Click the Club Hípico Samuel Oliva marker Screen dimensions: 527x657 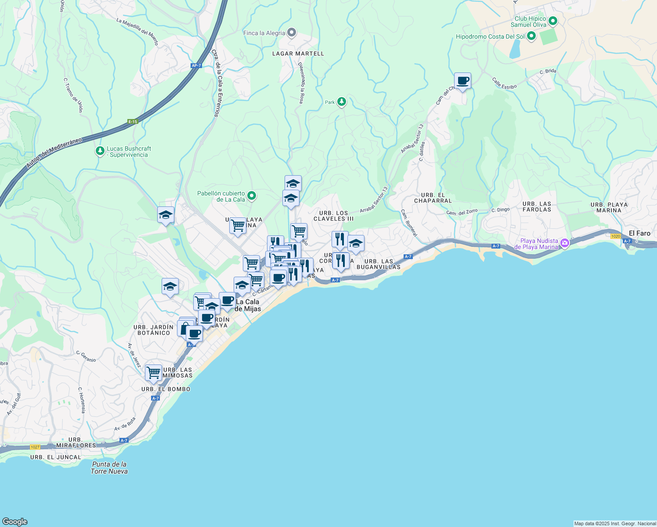click(553, 21)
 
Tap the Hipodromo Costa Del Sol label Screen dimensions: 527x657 click(490, 36)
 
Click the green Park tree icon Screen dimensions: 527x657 click(342, 102)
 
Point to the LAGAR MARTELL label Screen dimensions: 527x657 click(298, 54)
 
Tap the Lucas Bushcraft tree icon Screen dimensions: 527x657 click(100, 151)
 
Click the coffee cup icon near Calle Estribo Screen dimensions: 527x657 click(462, 81)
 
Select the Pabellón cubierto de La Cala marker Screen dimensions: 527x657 click(252, 196)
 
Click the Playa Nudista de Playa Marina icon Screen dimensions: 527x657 click(565, 242)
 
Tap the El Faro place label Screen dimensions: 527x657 click(639, 233)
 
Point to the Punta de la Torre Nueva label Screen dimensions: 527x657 click(109, 468)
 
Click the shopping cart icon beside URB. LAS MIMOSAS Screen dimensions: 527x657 click(154, 372)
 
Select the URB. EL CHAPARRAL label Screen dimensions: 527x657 click(433, 198)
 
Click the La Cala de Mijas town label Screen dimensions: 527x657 click(248, 305)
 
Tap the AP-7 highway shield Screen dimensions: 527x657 click(196, 65)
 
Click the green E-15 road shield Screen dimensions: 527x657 click(133, 122)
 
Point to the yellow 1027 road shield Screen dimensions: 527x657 click(35, 447)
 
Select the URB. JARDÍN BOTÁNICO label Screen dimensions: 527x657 click(153, 330)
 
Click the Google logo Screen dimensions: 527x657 click(15, 521)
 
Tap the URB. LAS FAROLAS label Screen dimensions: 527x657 click(537, 206)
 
